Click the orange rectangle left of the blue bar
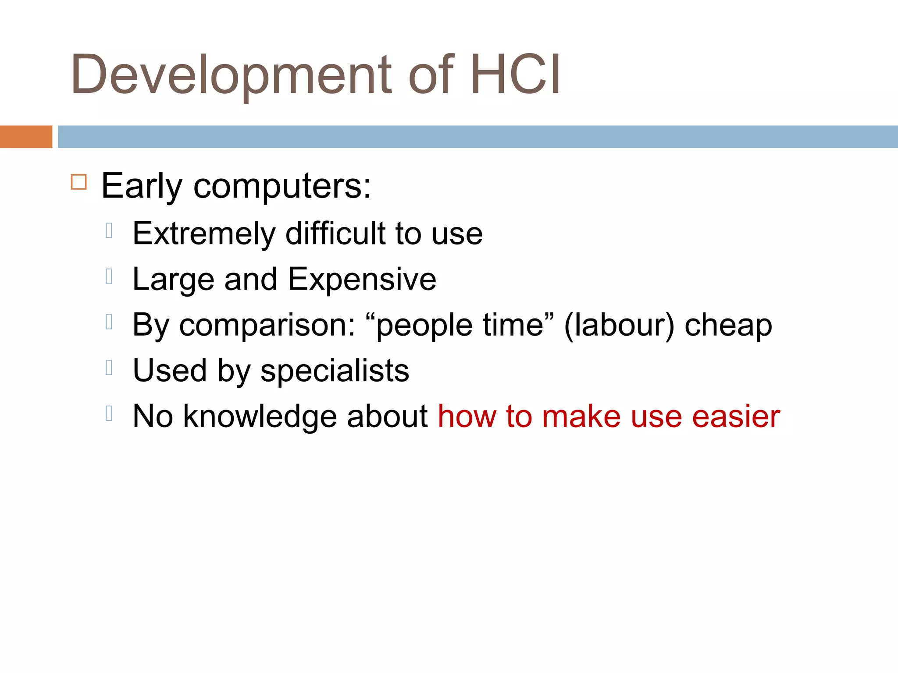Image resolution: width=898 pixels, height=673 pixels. pos(26,137)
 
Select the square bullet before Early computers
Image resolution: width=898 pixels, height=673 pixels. pos(79,181)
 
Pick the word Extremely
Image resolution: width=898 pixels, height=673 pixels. pos(204,234)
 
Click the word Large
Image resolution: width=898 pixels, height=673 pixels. pos(173,280)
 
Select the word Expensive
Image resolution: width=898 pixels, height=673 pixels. pos(362,280)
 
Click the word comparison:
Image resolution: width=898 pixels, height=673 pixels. pos(267,326)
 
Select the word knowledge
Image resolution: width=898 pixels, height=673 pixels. pos(260,416)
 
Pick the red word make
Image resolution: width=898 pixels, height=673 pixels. pos(581,416)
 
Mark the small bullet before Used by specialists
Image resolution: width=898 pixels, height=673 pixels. pos(109,368)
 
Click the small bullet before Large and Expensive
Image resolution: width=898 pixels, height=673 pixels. pos(109,276)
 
